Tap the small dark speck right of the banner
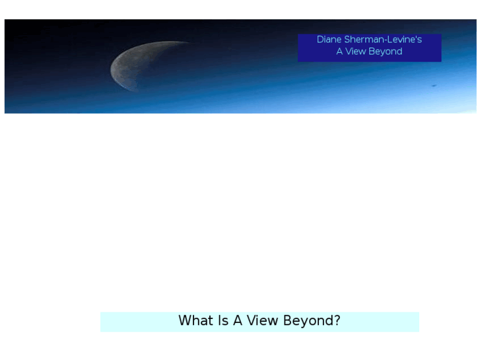(x=434, y=85)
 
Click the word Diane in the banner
(x=329, y=40)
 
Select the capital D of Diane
(x=320, y=40)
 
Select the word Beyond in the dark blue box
(x=386, y=52)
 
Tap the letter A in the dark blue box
(x=340, y=52)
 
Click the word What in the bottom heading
(x=195, y=321)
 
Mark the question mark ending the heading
(x=337, y=321)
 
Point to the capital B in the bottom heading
(x=287, y=321)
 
